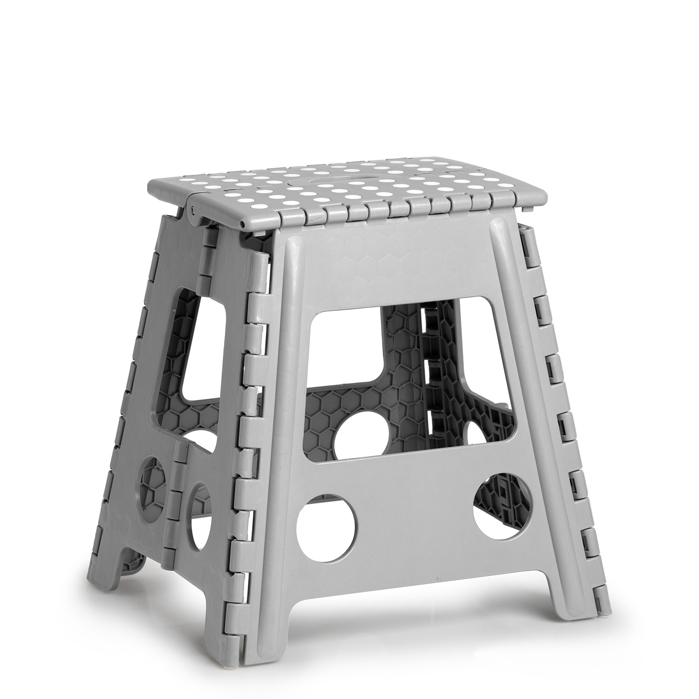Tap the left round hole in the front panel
point(326,524)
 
